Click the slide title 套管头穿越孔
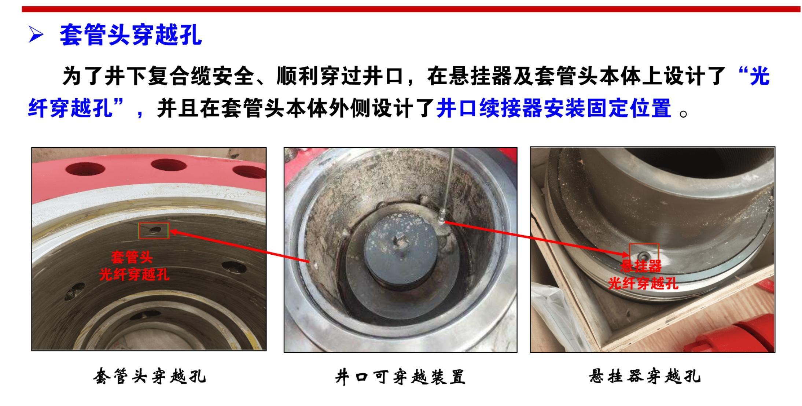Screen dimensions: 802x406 (x=130, y=36)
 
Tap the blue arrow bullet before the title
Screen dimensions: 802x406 (x=36, y=36)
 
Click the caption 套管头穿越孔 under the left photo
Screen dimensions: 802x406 (x=149, y=376)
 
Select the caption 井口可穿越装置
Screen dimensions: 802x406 (x=400, y=377)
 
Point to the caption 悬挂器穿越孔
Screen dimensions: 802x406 (x=645, y=376)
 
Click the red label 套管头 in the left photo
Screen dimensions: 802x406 (x=132, y=257)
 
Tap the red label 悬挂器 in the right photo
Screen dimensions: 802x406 (x=641, y=266)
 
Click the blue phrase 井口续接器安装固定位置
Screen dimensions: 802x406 (x=553, y=108)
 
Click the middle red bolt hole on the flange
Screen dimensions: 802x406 (x=169, y=165)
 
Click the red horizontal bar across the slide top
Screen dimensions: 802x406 (x=411, y=9)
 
